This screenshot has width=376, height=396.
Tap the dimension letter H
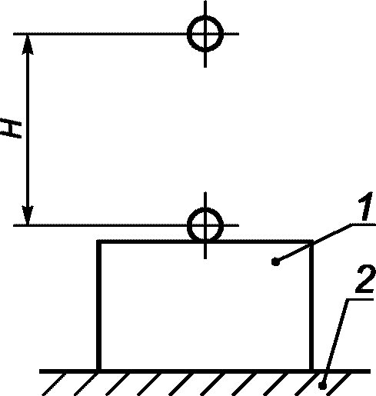(11, 128)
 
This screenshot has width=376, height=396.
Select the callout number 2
(365, 279)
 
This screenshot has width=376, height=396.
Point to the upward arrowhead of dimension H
(28, 44)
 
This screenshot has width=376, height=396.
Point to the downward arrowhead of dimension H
(28, 215)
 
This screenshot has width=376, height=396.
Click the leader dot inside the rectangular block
(275, 262)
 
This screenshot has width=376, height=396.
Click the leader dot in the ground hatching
(322, 385)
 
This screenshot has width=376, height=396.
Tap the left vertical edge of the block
(98, 305)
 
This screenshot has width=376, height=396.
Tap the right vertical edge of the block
(311, 305)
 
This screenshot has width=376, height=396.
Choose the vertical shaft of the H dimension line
(28, 129)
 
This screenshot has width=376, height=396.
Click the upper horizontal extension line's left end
(14, 34)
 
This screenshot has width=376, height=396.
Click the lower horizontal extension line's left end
(14, 225)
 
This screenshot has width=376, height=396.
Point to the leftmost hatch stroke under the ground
(54, 384)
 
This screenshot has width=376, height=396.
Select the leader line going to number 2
(335, 341)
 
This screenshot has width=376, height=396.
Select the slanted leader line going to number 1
(314, 243)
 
